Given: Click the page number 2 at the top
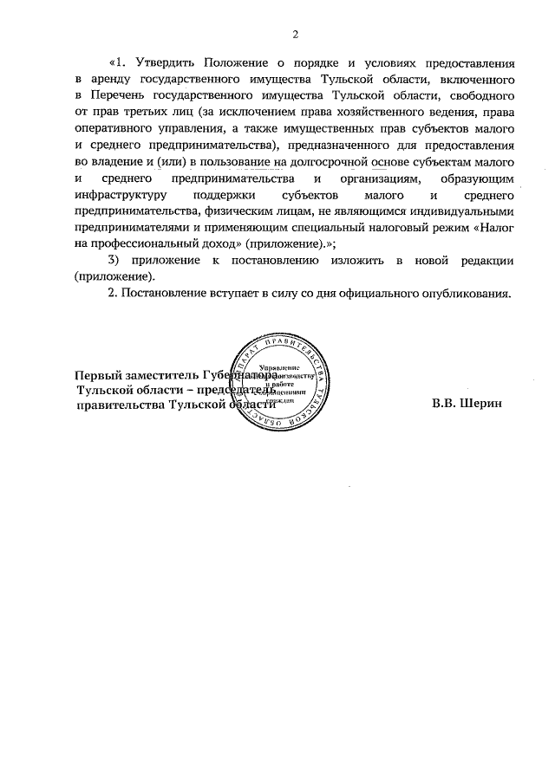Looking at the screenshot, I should pyautogui.click(x=295, y=35).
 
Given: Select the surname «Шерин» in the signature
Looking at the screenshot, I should pyautogui.click(x=481, y=403).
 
